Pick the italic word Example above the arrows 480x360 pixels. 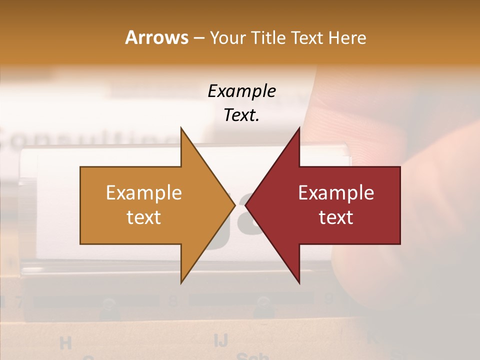tap(241, 91)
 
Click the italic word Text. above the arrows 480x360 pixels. tap(241, 115)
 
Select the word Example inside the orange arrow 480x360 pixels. tap(144, 193)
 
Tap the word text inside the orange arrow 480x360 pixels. tap(144, 217)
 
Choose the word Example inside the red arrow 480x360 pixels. tap(336, 193)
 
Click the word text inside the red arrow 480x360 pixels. tap(336, 217)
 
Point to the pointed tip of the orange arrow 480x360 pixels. tap(234, 205)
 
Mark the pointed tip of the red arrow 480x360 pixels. tap(245, 205)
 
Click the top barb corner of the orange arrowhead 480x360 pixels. tap(181, 128)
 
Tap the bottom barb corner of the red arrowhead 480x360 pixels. tap(299, 283)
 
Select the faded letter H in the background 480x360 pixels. tap(65, 343)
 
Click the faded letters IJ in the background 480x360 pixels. tap(220, 340)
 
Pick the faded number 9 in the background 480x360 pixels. tap(329, 299)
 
